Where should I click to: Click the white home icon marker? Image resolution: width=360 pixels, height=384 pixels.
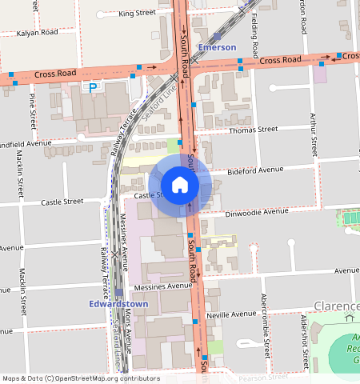coord(180,186)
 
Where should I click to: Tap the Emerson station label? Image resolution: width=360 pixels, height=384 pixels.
coord(217,48)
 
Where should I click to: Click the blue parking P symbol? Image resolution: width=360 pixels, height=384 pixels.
coord(93,87)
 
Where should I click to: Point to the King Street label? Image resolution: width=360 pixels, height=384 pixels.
coord(137,14)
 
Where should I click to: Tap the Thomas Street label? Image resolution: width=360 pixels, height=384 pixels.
coord(253,129)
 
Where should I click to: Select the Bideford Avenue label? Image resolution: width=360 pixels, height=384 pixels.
coord(256,170)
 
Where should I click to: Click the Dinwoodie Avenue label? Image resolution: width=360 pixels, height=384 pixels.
coord(257,212)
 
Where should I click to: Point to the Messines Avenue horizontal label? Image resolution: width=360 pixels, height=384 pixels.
coord(164,286)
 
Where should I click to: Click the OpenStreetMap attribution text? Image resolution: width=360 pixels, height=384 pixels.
coord(81,378)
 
